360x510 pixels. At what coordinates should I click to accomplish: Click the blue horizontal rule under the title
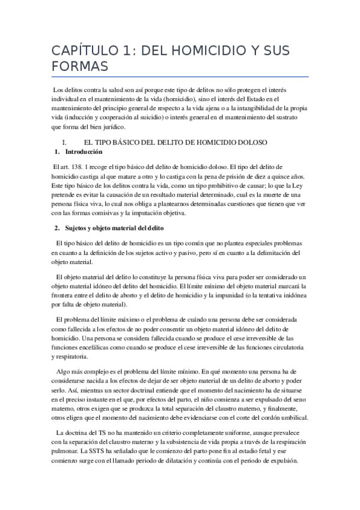tap(180, 77)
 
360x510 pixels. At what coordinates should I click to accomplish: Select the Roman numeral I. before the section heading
tap(64, 142)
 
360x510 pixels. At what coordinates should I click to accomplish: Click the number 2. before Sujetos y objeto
tap(57, 228)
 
